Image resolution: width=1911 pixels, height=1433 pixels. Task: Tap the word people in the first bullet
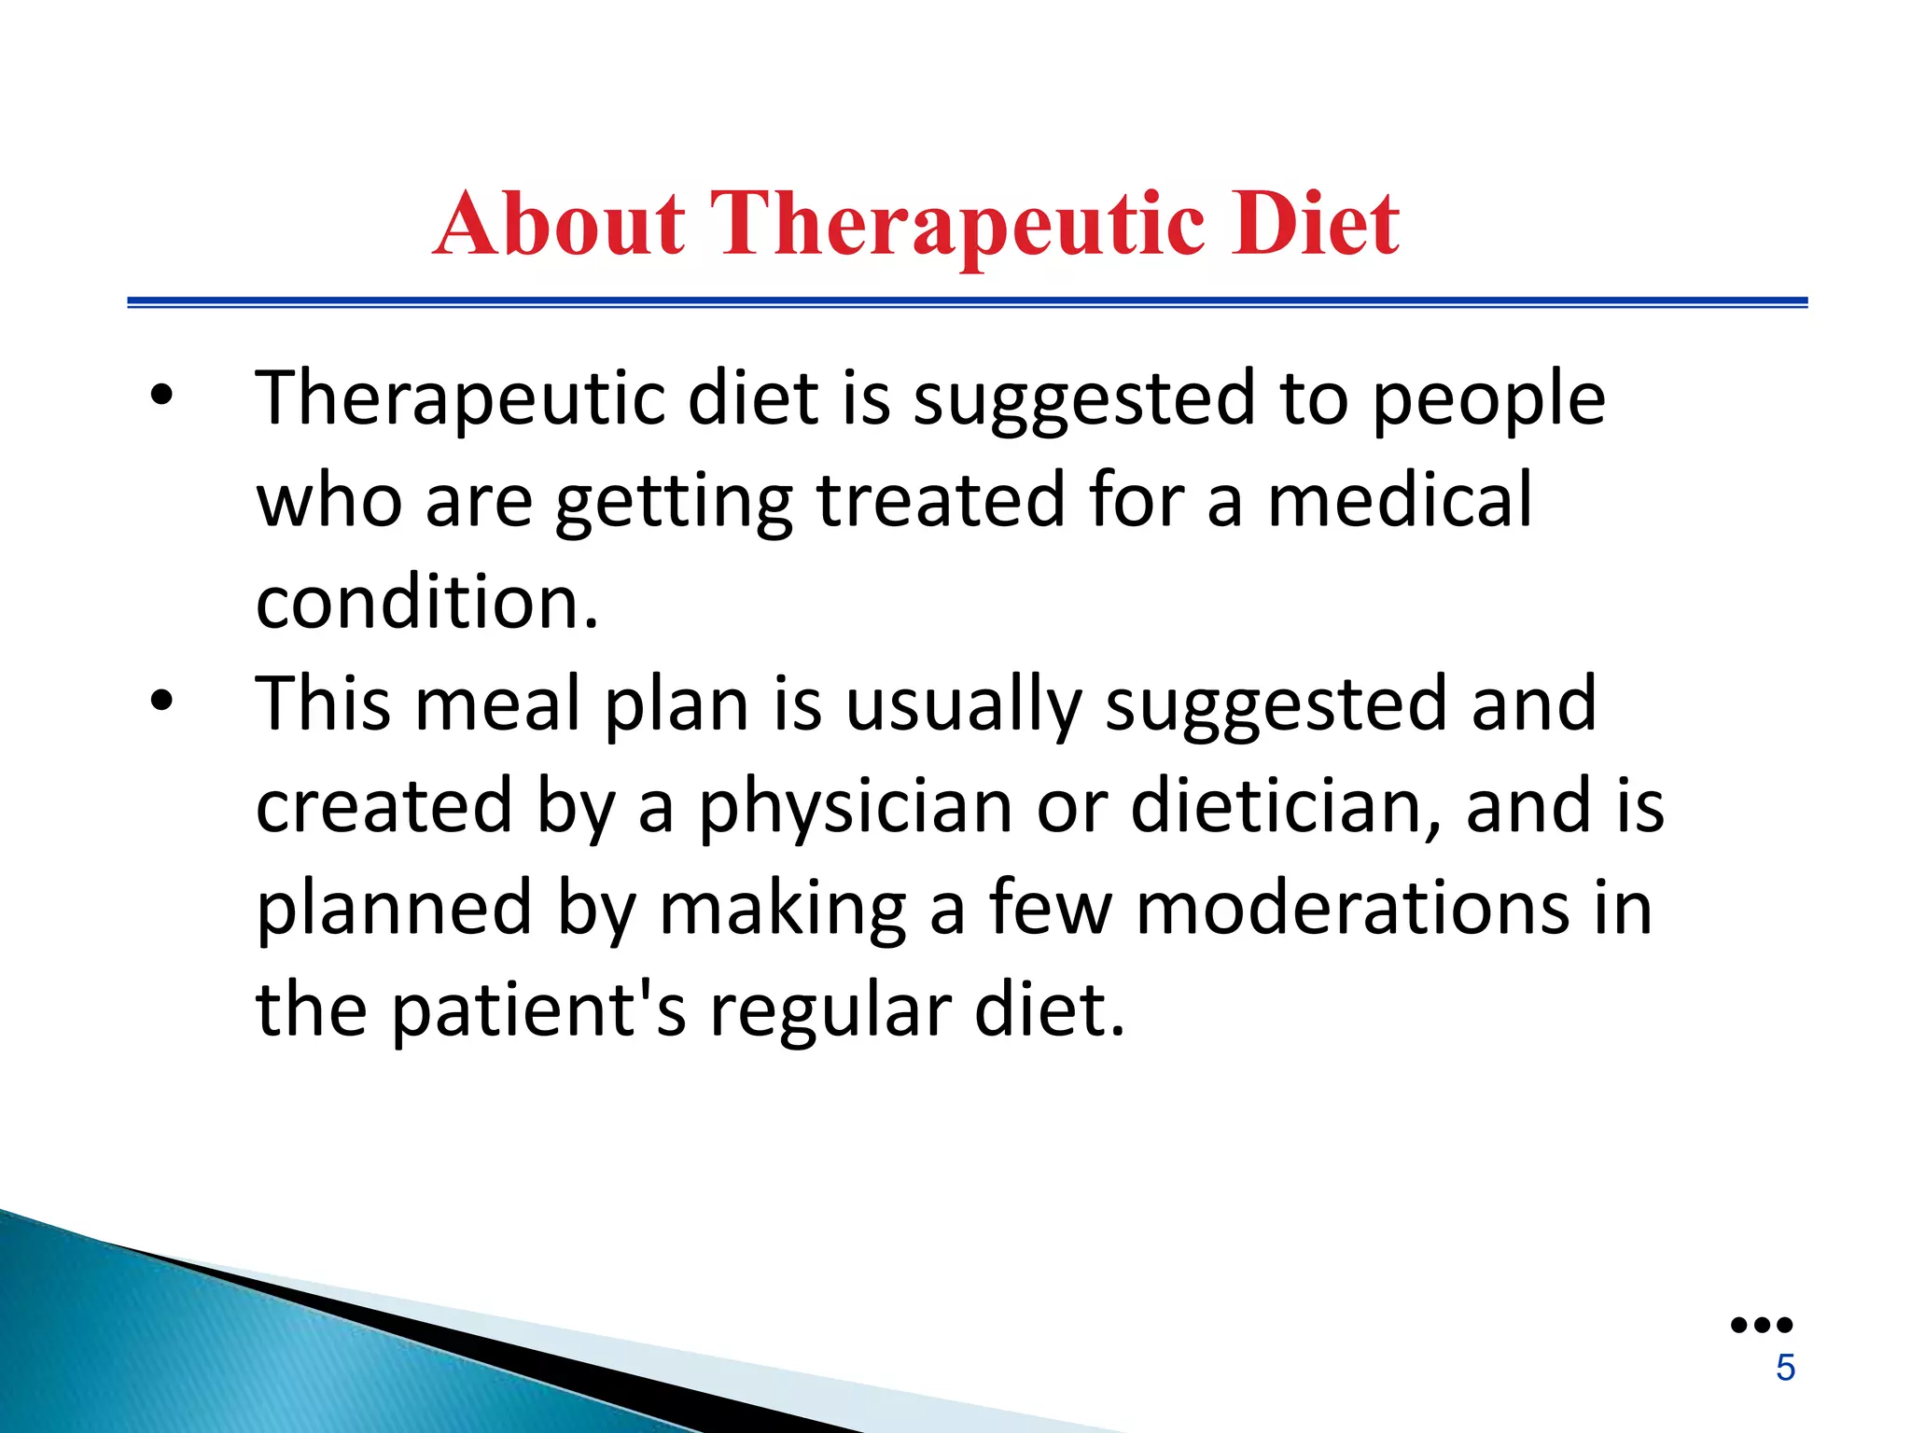[x=1488, y=399]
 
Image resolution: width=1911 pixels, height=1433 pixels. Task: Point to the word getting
[x=674, y=501]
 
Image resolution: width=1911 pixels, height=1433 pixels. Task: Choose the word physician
[x=856, y=808]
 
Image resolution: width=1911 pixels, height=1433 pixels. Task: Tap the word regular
[x=830, y=1011]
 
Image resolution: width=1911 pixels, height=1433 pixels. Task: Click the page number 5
[x=1785, y=1368]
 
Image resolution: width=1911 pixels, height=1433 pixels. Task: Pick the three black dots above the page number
[x=1761, y=1325]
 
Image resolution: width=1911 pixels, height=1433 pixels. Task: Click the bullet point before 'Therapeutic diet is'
[x=161, y=396]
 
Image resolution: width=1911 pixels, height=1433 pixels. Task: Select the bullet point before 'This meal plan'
[x=161, y=702]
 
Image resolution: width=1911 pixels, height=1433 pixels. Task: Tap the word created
[x=384, y=806]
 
